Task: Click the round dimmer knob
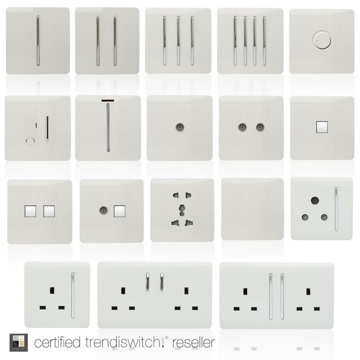[x=321, y=40]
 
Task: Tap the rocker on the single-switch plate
[x=38, y=40]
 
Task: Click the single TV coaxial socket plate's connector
[x=180, y=127]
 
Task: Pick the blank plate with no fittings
[x=253, y=209]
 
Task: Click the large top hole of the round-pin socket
[x=315, y=201]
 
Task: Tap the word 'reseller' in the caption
[x=194, y=342]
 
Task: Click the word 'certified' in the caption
[x=57, y=342]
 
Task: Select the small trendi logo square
[x=19, y=342]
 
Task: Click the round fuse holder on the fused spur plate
[x=30, y=141]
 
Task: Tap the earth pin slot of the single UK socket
[x=52, y=291]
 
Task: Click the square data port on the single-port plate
[x=321, y=127]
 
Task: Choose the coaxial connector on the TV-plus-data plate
[x=103, y=210]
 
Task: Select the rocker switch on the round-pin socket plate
[x=336, y=209]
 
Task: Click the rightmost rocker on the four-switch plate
[x=264, y=40]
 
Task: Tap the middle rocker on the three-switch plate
[x=178, y=40]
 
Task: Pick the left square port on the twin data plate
[x=30, y=211]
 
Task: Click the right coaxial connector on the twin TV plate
[x=260, y=127]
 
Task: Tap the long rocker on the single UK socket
[x=73, y=295]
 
